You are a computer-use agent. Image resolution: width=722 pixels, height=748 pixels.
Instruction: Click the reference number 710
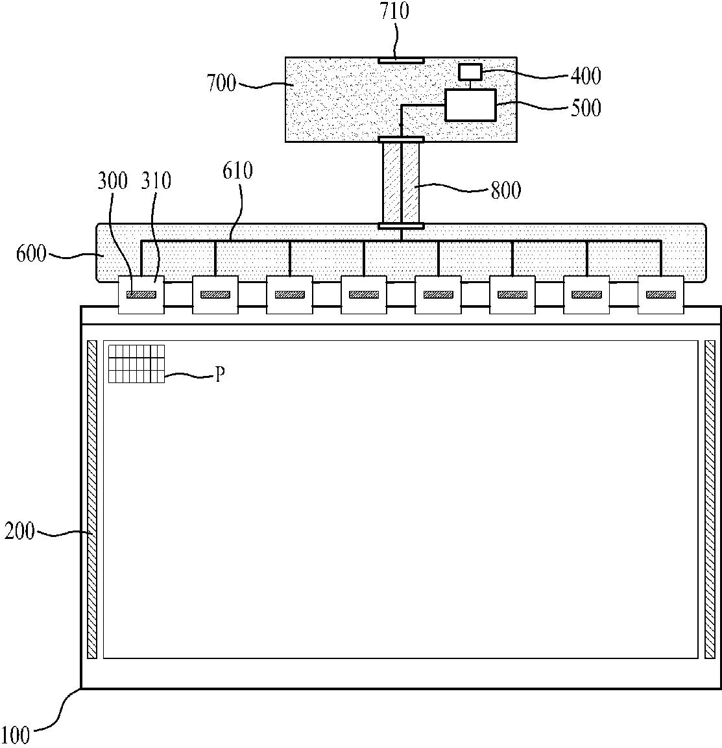click(x=396, y=12)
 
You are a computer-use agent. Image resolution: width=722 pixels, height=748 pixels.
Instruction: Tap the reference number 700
click(x=221, y=83)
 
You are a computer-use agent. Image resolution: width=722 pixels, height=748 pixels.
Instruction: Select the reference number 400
click(x=586, y=75)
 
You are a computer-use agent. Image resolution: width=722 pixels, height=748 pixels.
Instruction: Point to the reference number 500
click(x=586, y=107)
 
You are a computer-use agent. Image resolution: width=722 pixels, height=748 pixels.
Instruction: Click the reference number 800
click(x=506, y=190)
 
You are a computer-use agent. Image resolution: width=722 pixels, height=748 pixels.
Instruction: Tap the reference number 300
click(x=113, y=181)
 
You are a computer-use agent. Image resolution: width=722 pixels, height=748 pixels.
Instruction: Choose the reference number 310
click(x=156, y=181)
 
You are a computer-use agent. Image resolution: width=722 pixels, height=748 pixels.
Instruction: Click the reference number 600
click(x=31, y=253)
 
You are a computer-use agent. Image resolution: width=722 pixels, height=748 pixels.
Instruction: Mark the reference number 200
click(x=19, y=532)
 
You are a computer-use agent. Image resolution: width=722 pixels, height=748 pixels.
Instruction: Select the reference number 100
click(x=16, y=735)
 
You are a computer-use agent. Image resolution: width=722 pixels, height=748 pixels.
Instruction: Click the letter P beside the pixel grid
click(x=219, y=375)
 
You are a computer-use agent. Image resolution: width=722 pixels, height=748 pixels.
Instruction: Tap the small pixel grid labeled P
click(x=136, y=364)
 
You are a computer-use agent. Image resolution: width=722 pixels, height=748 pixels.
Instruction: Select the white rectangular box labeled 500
click(x=470, y=105)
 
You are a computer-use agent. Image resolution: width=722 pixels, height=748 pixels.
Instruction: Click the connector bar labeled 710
click(x=401, y=60)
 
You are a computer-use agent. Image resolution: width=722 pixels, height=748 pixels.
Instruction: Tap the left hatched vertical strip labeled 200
click(x=92, y=499)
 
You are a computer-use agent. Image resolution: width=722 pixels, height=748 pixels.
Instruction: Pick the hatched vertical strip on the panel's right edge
click(x=709, y=499)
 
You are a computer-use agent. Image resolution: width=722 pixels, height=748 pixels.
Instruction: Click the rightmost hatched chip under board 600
click(x=660, y=294)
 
